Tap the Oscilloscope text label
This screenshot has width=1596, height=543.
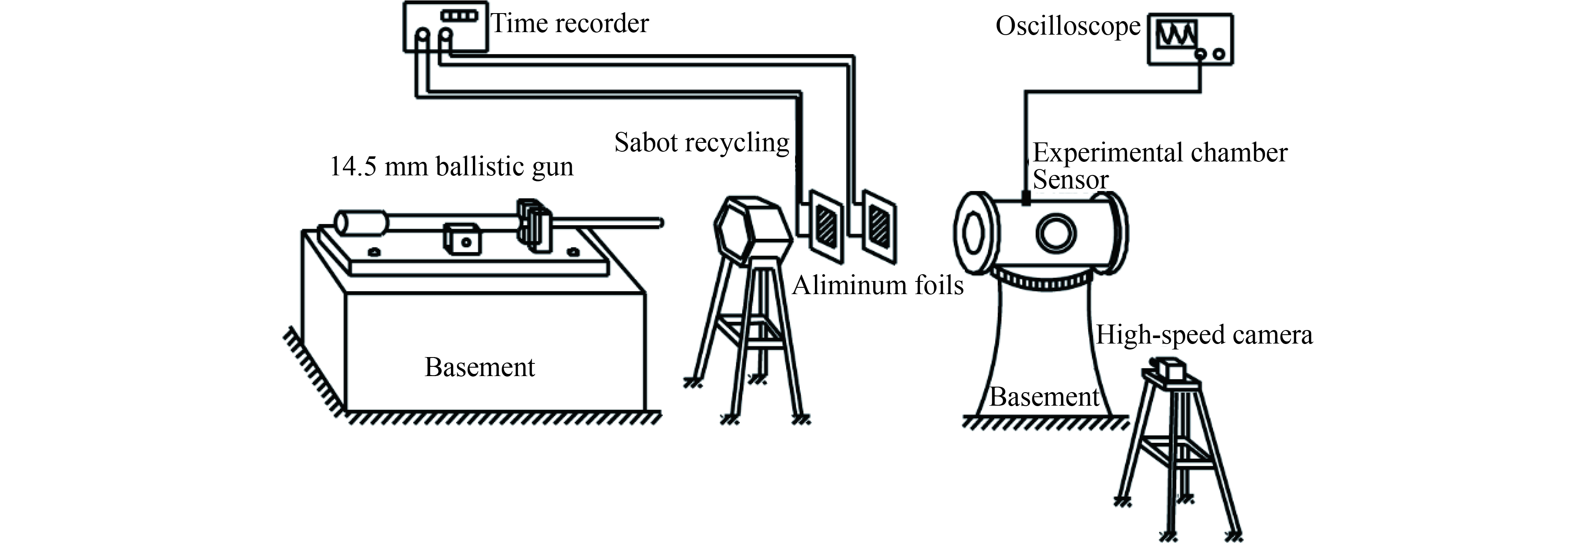(x=1067, y=26)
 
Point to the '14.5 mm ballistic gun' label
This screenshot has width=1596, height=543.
(x=451, y=167)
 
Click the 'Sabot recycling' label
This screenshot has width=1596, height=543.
(x=701, y=142)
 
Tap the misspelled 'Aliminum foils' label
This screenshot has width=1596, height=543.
(x=877, y=285)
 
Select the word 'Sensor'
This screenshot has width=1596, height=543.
(x=1070, y=180)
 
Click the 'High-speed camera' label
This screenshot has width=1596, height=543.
(x=1204, y=335)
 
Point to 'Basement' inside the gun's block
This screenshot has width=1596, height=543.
(x=479, y=367)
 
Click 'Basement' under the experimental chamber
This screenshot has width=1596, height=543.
(x=1044, y=397)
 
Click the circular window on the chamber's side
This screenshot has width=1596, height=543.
(x=1056, y=234)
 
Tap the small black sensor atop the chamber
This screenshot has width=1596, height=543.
(x=1026, y=198)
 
